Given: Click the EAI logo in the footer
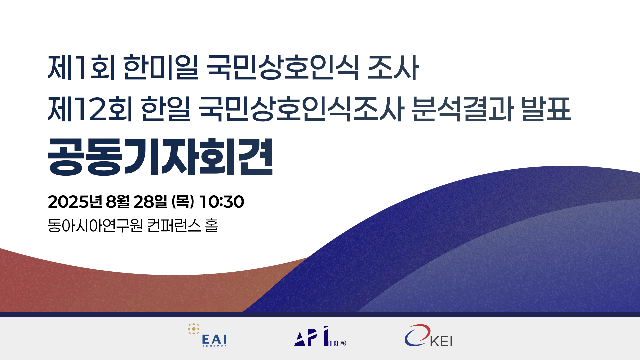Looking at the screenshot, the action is [x=208, y=335].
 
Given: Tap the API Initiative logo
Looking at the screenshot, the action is [x=320, y=336].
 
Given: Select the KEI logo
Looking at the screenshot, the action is [x=428, y=336].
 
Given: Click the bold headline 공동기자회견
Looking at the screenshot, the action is [x=161, y=157].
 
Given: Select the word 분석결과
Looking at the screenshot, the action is [x=462, y=109].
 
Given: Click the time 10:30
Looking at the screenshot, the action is [x=222, y=202].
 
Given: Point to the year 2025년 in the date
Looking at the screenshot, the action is [x=75, y=202].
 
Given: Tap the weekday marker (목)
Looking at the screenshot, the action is [x=183, y=202].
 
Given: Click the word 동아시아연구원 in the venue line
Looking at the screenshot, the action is [x=95, y=226].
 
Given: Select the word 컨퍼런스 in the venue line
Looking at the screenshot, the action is [x=174, y=226].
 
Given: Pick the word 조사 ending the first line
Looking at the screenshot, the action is [x=393, y=67].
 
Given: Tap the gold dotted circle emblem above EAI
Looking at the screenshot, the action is [x=194, y=329].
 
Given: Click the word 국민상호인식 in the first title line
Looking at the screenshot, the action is [x=283, y=67].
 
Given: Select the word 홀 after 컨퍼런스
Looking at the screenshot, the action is [x=212, y=226].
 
